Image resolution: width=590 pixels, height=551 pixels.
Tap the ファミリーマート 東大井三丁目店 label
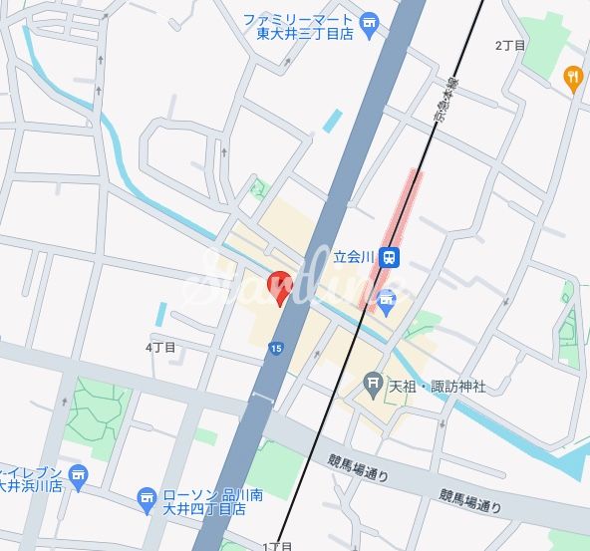click(x=299, y=26)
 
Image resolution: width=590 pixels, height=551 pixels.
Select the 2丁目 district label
click(x=510, y=46)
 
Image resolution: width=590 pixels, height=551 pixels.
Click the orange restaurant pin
click(x=572, y=77)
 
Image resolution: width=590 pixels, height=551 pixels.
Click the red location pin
click(x=280, y=286)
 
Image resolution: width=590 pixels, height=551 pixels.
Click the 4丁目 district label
click(x=159, y=348)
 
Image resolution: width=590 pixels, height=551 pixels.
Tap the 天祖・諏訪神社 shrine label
click(x=437, y=386)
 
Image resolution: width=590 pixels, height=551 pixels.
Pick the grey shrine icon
click(x=373, y=381)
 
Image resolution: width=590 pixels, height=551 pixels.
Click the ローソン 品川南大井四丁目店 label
click(x=203, y=501)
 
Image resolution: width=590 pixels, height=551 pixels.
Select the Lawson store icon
click(x=147, y=496)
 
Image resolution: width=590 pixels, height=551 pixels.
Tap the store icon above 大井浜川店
click(x=79, y=474)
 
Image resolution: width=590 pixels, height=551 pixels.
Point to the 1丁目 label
click(x=277, y=546)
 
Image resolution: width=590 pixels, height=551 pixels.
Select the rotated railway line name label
click(x=441, y=100)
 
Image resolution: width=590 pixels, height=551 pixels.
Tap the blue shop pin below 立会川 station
click(x=387, y=297)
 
